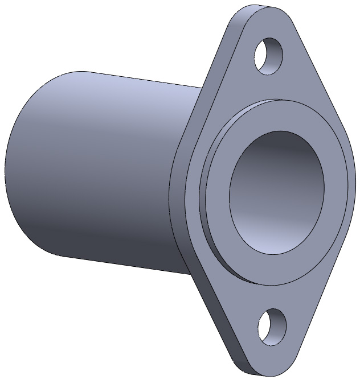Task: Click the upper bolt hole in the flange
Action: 268,56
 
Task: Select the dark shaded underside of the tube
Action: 114,239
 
